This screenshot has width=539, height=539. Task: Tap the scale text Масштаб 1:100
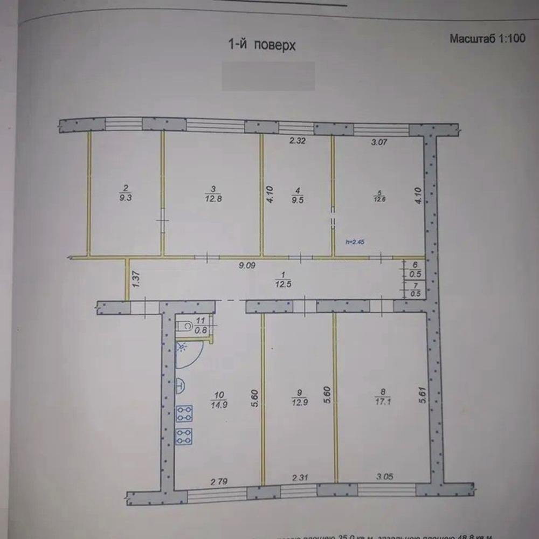tap(487, 39)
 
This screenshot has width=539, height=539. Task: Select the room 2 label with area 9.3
tap(125, 193)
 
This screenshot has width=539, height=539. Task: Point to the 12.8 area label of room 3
tap(213, 193)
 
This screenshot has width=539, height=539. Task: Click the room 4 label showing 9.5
tap(295, 193)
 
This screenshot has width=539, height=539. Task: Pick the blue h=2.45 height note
tap(355, 242)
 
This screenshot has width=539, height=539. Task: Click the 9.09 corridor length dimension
tap(247, 265)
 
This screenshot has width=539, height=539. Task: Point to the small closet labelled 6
tap(414, 268)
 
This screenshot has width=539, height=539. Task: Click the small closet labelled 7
tap(414, 289)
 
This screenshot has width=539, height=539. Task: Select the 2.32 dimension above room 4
tap(298, 142)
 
